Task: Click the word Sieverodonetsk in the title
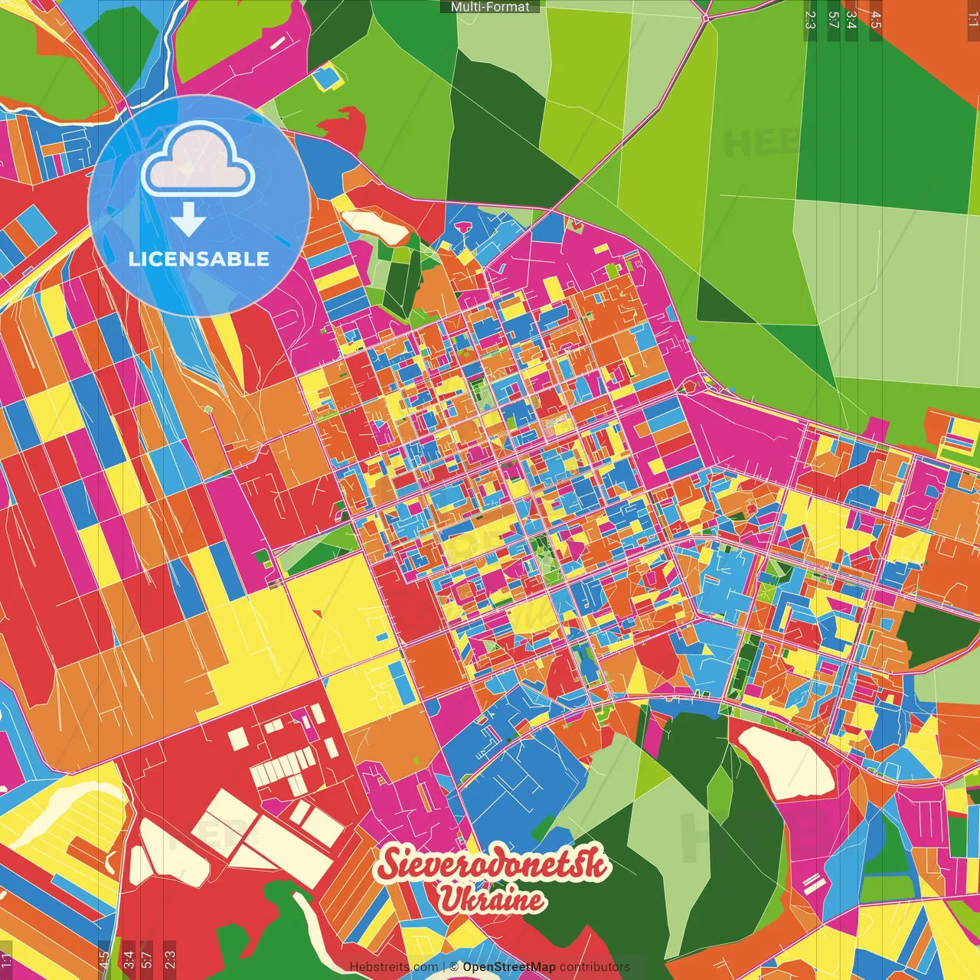[x=493, y=864]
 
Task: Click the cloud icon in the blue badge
[x=198, y=162]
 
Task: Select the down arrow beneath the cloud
[x=188, y=220]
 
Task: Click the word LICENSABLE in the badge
[x=199, y=259]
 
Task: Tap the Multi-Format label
[x=490, y=7]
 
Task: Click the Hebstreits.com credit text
[x=394, y=967]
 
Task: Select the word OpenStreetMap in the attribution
[x=508, y=967]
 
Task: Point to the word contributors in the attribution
[x=595, y=967]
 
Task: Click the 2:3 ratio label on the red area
[x=170, y=958]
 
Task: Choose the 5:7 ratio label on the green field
[x=833, y=20]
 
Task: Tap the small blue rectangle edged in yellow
[x=327, y=78]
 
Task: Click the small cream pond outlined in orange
[x=376, y=226]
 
